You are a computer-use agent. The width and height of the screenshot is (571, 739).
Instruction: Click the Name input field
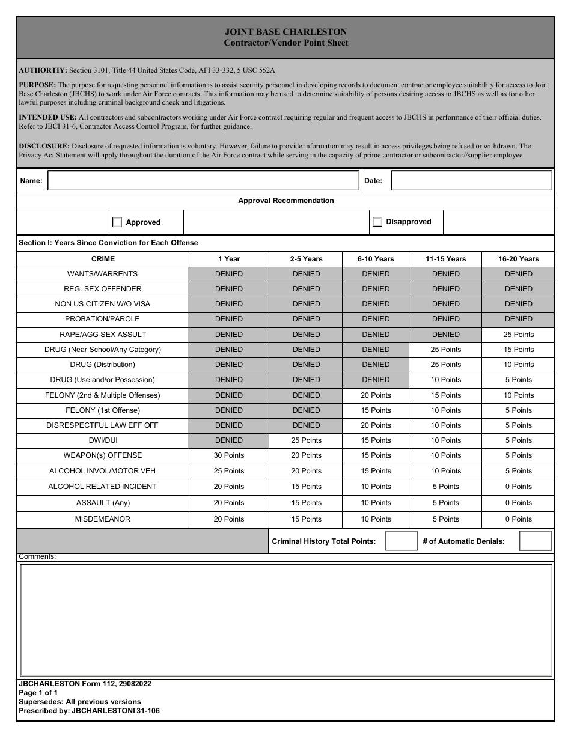(x=203, y=181)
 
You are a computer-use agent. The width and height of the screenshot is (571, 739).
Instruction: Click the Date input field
(x=471, y=181)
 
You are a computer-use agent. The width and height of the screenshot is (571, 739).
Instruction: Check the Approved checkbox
(x=117, y=222)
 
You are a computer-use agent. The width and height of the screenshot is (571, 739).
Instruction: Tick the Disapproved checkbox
(x=377, y=222)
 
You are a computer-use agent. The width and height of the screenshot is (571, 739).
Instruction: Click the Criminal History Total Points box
(x=401, y=541)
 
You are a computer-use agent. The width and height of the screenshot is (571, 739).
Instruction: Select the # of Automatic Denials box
(x=535, y=541)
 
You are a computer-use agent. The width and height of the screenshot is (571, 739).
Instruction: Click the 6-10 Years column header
(x=376, y=259)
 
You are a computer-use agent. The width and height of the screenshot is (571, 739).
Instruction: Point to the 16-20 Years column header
(x=518, y=259)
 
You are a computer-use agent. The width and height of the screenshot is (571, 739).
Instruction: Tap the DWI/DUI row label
(x=102, y=440)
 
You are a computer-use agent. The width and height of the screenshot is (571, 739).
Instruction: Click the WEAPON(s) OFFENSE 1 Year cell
(x=229, y=455)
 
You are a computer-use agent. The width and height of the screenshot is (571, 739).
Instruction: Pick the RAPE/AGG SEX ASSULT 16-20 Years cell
(x=518, y=335)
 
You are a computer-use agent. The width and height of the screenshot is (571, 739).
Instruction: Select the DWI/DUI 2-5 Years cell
(x=307, y=440)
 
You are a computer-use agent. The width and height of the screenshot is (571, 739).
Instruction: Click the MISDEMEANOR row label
(x=102, y=519)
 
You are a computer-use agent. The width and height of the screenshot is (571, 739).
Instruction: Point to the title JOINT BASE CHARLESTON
(x=285, y=32)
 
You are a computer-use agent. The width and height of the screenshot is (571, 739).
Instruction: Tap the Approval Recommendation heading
(x=285, y=201)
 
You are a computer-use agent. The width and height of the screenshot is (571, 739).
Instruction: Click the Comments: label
(x=37, y=556)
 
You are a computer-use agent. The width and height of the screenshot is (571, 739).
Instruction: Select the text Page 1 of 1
(x=38, y=693)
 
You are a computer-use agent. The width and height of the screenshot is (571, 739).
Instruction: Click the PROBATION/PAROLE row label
(x=102, y=319)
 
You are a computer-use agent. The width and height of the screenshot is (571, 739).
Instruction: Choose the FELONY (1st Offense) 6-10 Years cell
(x=376, y=410)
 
